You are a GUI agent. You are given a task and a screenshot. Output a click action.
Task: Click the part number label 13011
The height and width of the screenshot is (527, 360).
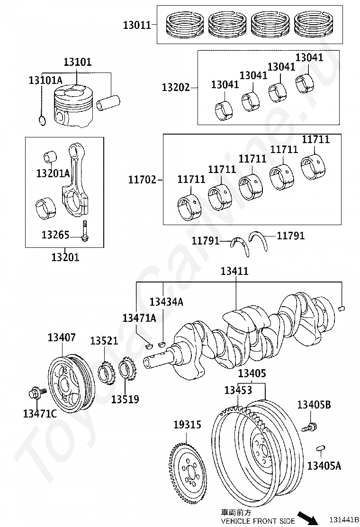[x=137, y=25]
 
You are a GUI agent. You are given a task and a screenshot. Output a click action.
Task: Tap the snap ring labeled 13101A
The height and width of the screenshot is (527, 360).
[x=42, y=120]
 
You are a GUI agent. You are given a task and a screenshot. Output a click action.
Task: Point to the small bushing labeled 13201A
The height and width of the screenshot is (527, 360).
[x=50, y=157]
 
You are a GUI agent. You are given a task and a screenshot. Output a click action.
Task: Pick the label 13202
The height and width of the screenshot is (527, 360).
[x=176, y=87]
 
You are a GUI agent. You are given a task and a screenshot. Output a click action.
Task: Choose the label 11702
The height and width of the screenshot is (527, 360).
[x=143, y=180]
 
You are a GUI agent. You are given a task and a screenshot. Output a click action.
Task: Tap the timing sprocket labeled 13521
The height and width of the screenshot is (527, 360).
[x=106, y=373]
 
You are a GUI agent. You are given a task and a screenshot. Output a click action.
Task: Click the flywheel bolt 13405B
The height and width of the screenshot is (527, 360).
[x=310, y=427]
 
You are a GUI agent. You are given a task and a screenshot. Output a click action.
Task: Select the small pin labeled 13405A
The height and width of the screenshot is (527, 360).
[x=321, y=448]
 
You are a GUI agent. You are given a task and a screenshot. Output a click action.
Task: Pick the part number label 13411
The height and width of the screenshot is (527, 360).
[x=234, y=271]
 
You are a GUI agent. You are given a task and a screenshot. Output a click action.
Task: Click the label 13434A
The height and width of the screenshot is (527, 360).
[x=166, y=301]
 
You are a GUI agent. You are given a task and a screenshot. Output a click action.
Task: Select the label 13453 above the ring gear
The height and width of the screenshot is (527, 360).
[x=238, y=390]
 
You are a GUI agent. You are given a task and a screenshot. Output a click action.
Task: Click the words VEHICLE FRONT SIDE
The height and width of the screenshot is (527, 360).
[x=258, y=521]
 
